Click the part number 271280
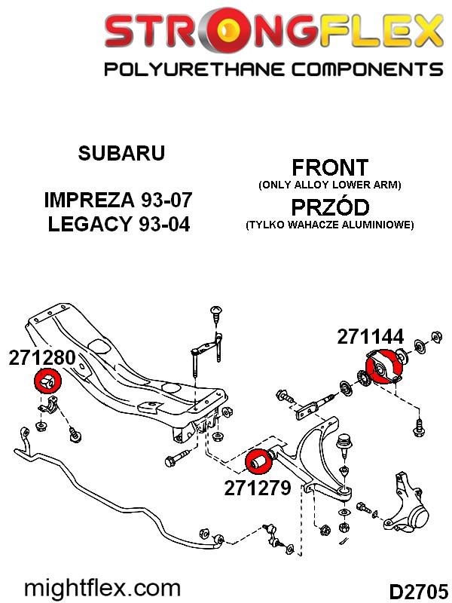42,357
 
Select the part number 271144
371,337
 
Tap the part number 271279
258,488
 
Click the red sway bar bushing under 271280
47,381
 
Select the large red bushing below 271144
383,367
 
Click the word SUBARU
121,153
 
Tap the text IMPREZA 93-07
118,200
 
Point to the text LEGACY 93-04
119,224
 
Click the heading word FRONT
330,167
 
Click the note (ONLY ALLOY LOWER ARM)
330,185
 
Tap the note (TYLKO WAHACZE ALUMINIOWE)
330,225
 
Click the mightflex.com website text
102,589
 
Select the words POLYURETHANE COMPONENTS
273,69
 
